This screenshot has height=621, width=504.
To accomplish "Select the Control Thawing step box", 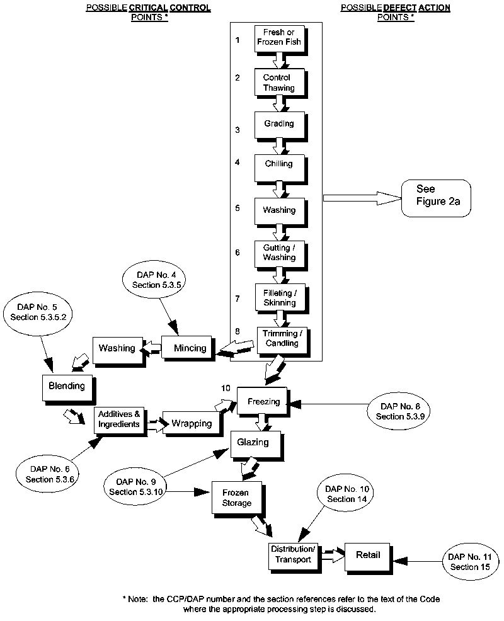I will (278, 83).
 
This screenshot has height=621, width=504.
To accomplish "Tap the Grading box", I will (278, 124).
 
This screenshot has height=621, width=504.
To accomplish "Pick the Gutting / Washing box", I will (278, 253).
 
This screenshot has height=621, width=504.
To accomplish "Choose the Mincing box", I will (190, 348).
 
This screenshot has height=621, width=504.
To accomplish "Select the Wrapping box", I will (192, 423).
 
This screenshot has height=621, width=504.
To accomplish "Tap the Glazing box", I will (253, 442).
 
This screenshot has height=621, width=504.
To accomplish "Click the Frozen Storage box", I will (236, 498).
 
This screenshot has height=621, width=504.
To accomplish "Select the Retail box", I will (368, 554).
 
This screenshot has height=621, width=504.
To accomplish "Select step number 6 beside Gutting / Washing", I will (238, 252).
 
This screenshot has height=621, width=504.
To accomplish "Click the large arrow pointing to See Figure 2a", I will (362, 198).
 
